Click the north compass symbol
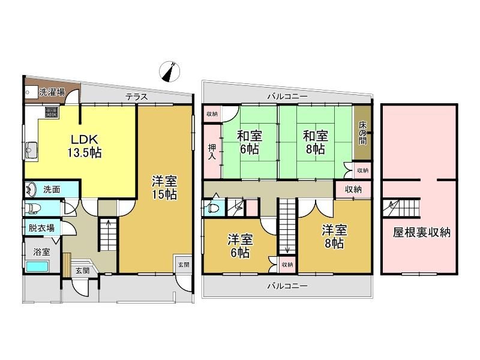coord(169,72)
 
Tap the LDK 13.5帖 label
coord(85,146)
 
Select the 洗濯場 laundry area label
coord(52,92)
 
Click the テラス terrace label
coord(137,97)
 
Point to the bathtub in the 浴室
coord(37,266)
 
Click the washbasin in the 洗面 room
coord(31,190)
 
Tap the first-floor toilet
coord(33,208)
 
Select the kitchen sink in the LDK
coord(31,150)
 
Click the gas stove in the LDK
coord(51,112)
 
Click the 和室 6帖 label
coord(249,142)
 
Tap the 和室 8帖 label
coord(316,142)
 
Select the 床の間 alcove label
coord(362,133)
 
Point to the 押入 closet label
coord(212,152)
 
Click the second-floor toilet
coord(212,208)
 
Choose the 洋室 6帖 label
coord(240,247)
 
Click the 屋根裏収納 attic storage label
coord(422,233)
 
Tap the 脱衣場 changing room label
coord(41,228)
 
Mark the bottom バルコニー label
coord(287,286)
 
